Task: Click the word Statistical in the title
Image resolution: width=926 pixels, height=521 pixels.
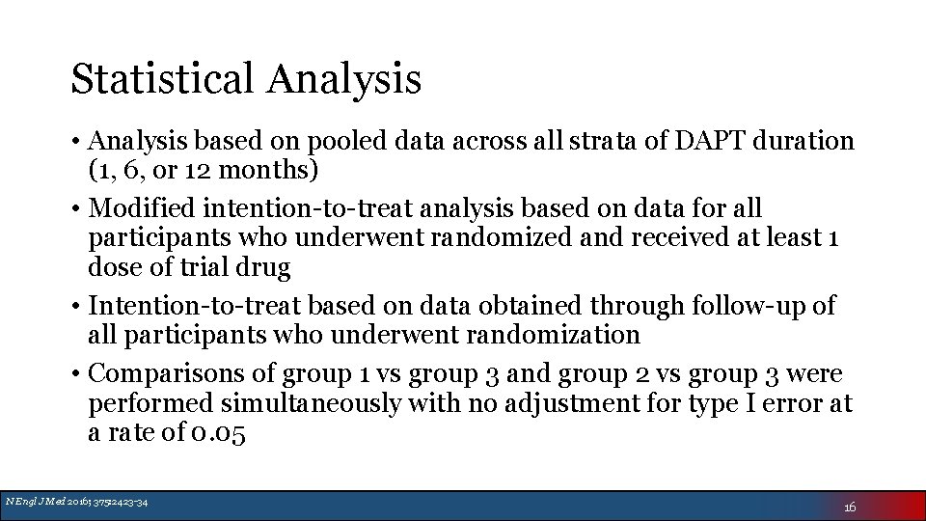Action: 164,79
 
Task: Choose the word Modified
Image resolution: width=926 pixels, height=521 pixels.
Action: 143,208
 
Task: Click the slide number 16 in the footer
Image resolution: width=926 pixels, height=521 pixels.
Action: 849,507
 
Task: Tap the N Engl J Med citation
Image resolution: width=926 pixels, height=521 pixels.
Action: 76,501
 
